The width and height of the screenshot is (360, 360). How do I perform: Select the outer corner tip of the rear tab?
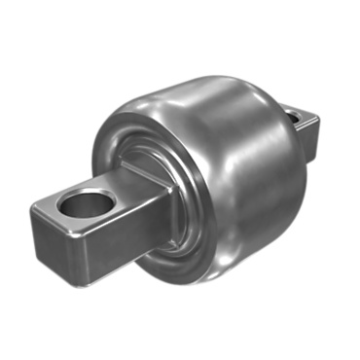(318, 120)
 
